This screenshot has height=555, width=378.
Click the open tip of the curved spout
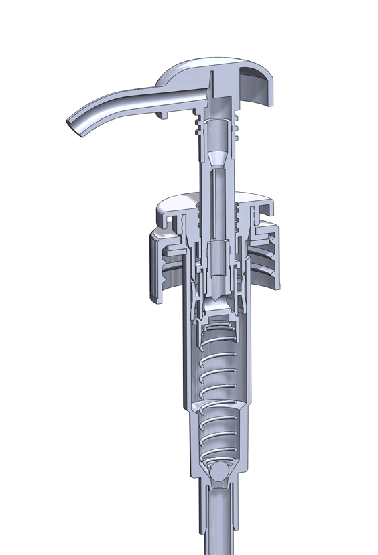[x=74, y=125]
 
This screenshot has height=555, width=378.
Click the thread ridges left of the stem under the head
[x=198, y=127]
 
